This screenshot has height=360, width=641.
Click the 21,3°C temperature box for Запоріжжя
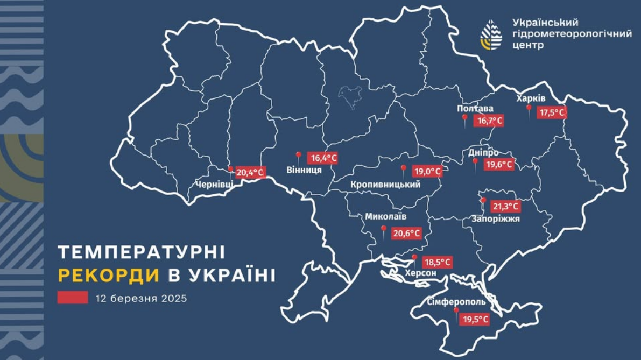pos(506,206)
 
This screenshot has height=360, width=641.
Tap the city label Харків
pos(531,99)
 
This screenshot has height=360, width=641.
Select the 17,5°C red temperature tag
pos(553,113)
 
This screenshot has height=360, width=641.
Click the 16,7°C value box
pos(489,121)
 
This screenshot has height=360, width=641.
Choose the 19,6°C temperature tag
pos(498,165)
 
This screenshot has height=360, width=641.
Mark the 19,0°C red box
pos(427,172)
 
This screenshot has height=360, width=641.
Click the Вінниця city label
pos(304,170)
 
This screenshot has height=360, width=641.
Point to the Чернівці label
pos(214,185)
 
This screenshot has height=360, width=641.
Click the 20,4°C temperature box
pos(250,173)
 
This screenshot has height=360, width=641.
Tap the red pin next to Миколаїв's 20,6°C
pos(383,231)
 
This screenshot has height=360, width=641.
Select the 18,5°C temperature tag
pos(437,263)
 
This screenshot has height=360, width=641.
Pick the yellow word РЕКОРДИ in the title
pos(109,275)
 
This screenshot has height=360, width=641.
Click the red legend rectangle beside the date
pos(73,298)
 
